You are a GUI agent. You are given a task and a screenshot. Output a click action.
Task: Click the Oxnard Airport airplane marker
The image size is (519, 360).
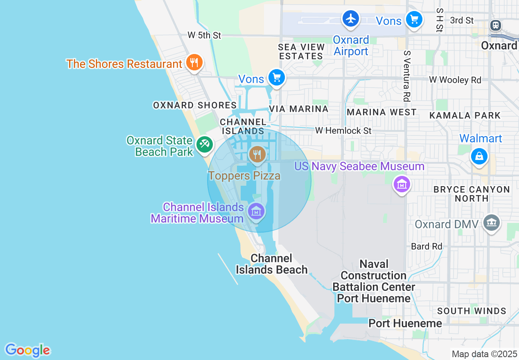[x=351, y=19]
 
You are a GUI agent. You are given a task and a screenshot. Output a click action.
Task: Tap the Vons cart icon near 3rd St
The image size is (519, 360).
[x=414, y=19]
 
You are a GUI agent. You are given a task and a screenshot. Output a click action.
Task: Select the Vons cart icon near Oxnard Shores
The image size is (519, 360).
[x=276, y=77]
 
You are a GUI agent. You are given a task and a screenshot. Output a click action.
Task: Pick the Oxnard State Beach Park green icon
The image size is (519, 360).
[x=204, y=144]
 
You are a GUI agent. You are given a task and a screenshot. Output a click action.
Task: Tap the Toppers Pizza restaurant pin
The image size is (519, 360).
[x=257, y=155]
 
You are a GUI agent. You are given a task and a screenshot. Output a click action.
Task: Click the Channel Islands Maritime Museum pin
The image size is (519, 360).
[x=256, y=212]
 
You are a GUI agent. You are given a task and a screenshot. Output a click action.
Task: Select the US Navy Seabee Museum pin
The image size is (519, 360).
[x=402, y=184]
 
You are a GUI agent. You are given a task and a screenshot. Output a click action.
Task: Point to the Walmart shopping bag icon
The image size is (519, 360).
[x=479, y=156]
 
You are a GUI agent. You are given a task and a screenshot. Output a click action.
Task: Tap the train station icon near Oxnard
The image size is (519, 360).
[x=496, y=25]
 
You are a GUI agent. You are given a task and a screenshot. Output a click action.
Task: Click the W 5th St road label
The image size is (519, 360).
[x=204, y=36]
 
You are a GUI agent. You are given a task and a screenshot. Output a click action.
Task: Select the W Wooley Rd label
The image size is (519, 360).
[x=455, y=80]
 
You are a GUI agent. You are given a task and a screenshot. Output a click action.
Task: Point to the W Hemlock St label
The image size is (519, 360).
[x=343, y=130]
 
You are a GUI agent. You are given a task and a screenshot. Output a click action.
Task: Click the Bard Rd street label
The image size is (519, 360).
[x=426, y=246]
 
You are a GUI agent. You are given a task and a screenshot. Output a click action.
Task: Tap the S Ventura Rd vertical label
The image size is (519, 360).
[x=406, y=76]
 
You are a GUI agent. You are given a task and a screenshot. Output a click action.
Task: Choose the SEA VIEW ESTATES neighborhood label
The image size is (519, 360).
[x=301, y=52]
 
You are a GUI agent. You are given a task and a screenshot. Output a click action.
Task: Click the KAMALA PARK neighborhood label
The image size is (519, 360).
[x=465, y=115]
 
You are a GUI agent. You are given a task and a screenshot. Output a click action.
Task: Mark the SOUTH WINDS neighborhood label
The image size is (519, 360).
[x=472, y=311]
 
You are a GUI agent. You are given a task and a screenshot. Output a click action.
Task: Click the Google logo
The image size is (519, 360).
[x=27, y=350]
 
